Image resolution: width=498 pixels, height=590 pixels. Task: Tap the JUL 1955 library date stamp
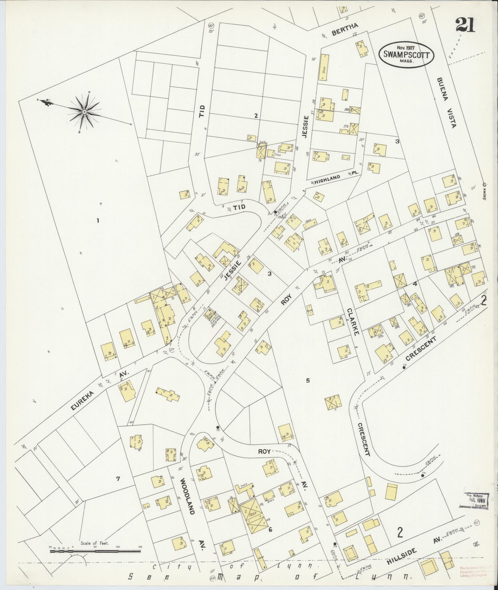475,500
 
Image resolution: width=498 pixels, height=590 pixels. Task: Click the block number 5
308,381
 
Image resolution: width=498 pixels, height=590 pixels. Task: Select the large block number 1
98,221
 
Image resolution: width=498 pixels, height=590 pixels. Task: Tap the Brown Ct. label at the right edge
484,191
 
